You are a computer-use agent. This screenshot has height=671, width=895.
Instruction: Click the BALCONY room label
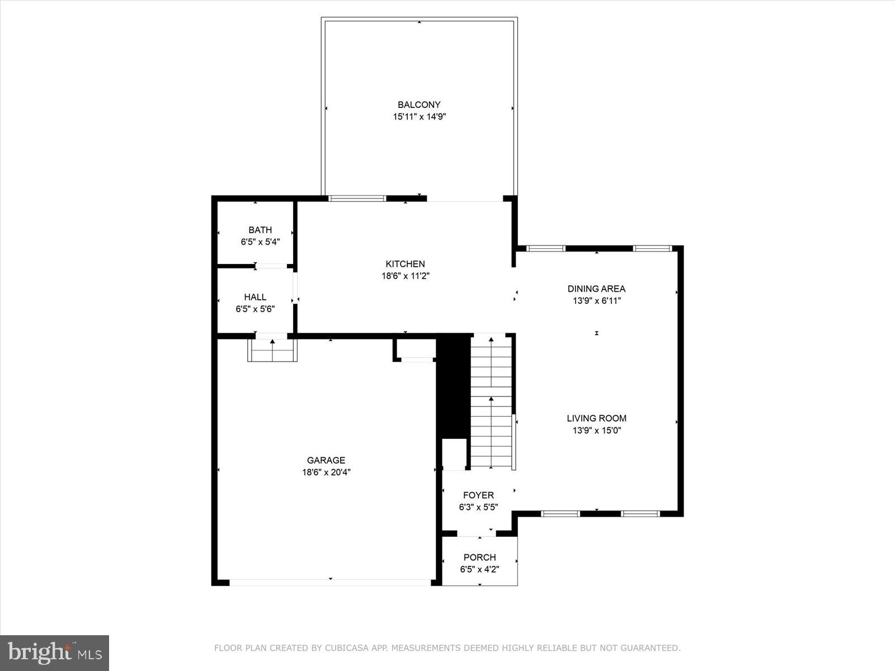click(419, 105)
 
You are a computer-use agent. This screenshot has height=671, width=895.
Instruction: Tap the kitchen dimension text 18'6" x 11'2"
click(405, 276)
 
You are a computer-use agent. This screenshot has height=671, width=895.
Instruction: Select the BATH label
click(260, 230)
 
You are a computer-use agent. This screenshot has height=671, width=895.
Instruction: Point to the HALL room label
click(255, 297)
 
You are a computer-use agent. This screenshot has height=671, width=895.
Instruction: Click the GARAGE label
click(326, 460)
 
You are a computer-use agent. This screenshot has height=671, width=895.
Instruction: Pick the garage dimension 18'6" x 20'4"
click(326, 472)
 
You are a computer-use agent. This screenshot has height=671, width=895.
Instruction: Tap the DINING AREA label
click(596, 289)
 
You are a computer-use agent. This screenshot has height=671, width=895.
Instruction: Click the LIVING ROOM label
click(596, 418)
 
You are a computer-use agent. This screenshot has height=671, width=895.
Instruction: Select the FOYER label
click(478, 495)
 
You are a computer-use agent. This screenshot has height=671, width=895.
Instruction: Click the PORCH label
click(479, 557)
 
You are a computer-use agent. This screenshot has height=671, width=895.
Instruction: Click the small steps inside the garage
click(272, 351)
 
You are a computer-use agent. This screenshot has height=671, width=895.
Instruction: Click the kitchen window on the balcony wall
click(357, 198)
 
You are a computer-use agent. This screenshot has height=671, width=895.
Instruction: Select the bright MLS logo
click(55, 653)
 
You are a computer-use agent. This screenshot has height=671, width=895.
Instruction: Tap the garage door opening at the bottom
click(330, 582)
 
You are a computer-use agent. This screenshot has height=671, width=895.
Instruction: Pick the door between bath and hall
click(271, 266)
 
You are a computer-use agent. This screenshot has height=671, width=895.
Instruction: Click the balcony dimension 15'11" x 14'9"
click(419, 117)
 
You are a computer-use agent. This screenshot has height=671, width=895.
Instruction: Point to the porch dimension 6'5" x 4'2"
click(479, 570)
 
